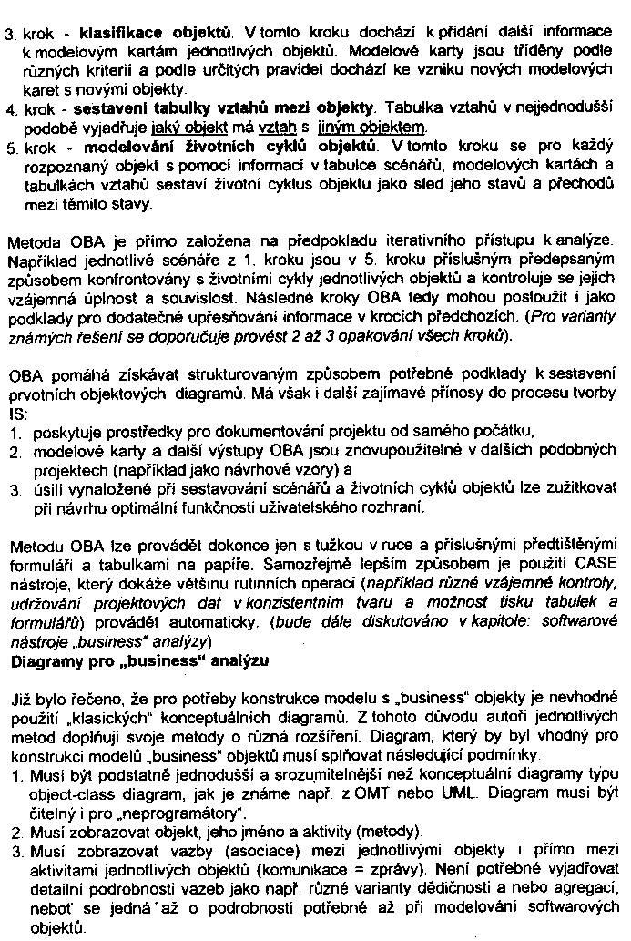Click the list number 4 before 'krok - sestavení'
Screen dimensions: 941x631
pyautogui.click(x=10, y=109)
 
